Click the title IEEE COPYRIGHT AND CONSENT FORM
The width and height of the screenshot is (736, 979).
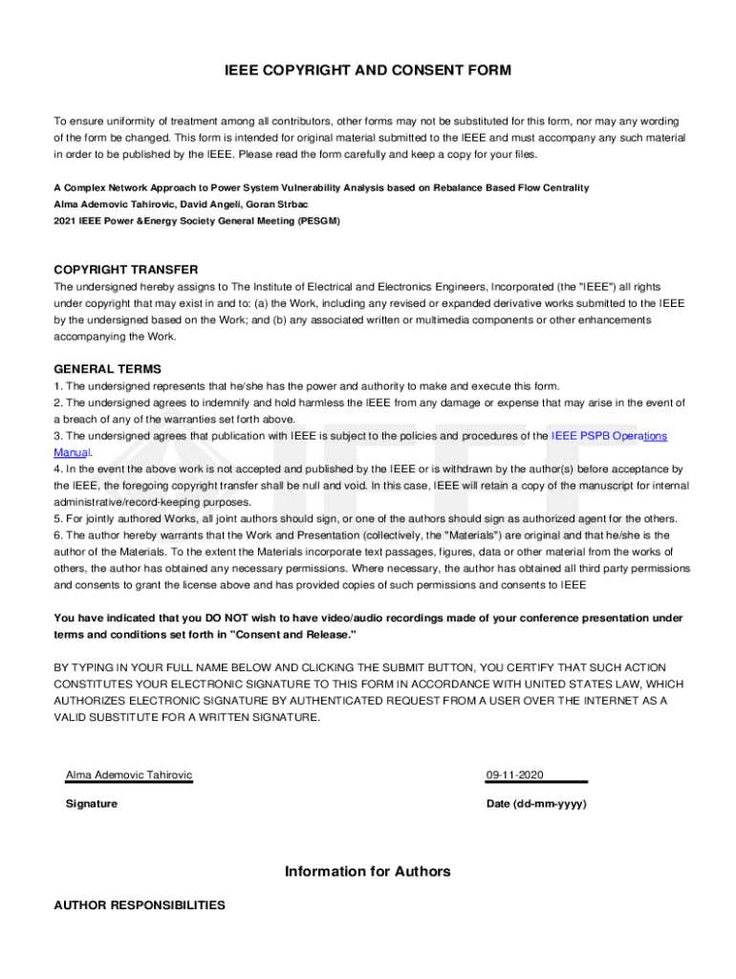[x=368, y=71]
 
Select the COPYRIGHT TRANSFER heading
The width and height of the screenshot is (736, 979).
[x=126, y=270]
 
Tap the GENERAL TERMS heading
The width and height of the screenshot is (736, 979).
[x=108, y=369]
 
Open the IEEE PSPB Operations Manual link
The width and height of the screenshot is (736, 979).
[x=609, y=436]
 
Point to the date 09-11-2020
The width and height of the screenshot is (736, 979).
[x=516, y=774]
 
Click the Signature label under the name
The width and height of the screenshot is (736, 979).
[x=92, y=804]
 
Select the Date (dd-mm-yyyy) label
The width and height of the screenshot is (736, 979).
[x=536, y=804]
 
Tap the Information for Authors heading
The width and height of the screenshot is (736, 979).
[x=368, y=872]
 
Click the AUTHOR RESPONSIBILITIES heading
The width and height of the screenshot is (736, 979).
[x=140, y=904]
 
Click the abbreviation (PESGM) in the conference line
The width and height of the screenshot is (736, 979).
[x=317, y=221]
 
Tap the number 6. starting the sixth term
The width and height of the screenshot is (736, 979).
[x=58, y=535]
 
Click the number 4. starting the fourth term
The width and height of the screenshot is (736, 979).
[x=58, y=469]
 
